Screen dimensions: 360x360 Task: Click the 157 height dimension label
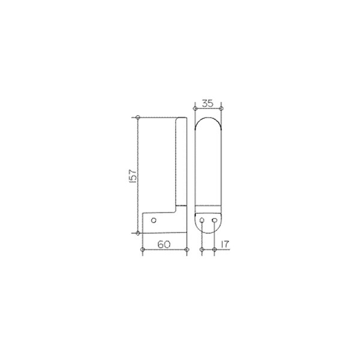click(x=133, y=176)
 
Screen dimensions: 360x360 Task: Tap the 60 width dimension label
click(x=164, y=245)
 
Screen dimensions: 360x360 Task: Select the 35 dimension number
click(x=208, y=104)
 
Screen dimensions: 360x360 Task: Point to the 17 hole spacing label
click(x=225, y=245)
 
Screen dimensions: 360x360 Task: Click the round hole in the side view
click(x=154, y=220)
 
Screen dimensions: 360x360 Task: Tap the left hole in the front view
click(x=202, y=220)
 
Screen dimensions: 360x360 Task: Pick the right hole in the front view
click(x=214, y=220)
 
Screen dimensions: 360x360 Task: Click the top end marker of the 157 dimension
click(x=138, y=118)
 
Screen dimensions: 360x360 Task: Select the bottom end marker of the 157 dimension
click(x=138, y=233)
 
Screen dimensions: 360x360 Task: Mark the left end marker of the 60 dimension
click(x=143, y=250)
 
